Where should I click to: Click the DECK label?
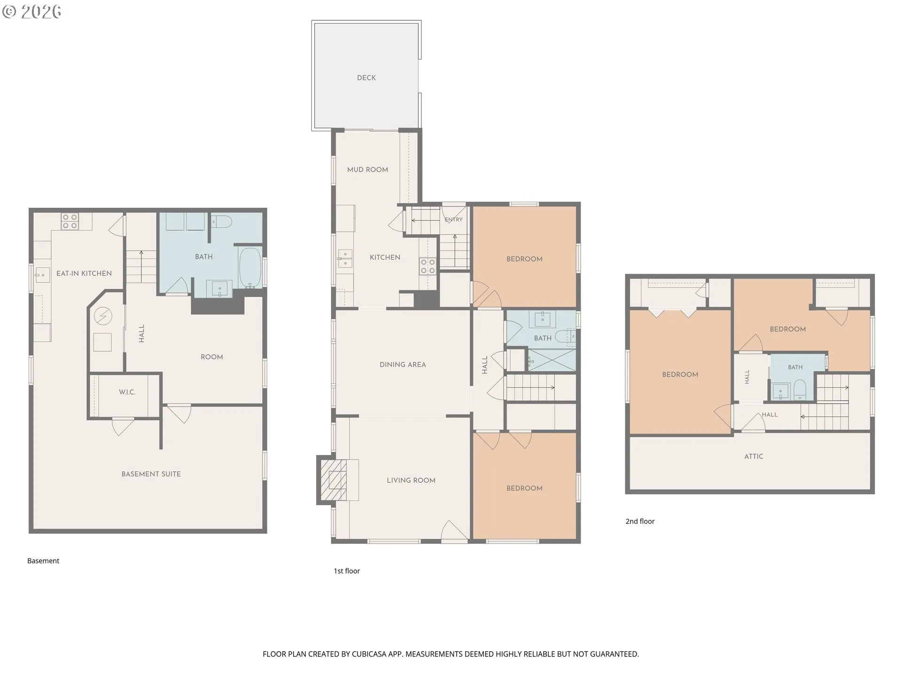(x=366, y=78)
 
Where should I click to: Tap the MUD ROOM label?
(x=367, y=170)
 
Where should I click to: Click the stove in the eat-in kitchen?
(x=70, y=221)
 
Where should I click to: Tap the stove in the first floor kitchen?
(x=428, y=266)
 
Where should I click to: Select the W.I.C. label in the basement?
(x=127, y=392)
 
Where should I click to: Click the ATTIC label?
(x=754, y=457)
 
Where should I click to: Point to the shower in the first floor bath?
(x=552, y=360)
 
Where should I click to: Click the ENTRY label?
(x=454, y=220)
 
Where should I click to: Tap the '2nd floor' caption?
(x=640, y=521)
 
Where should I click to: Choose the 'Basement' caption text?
(x=43, y=561)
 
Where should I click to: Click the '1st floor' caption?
(x=347, y=571)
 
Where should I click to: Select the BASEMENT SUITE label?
(x=151, y=474)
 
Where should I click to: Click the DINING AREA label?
(x=403, y=365)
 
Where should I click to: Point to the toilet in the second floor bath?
(x=799, y=389)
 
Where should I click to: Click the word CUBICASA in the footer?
(x=369, y=654)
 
